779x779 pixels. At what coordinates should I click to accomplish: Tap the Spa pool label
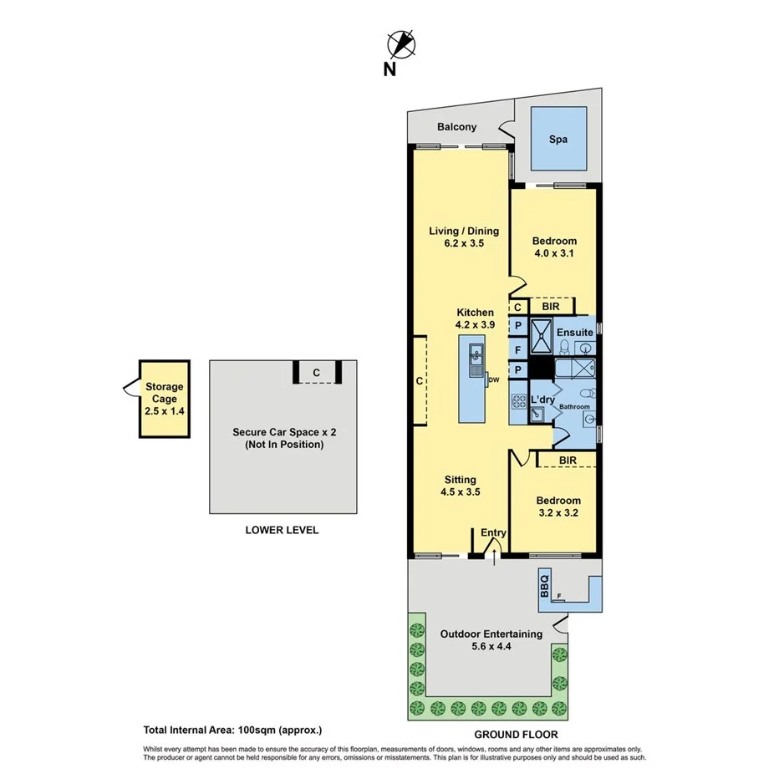click(558, 140)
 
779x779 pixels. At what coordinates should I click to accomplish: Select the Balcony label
click(456, 127)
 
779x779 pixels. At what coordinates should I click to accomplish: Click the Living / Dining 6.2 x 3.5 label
click(464, 237)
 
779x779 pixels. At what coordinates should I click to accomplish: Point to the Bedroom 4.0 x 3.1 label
click(554, 247)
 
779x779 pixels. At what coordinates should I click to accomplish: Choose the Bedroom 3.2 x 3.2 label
click(558, 507)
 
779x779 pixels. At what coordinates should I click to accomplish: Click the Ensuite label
click(576, 333)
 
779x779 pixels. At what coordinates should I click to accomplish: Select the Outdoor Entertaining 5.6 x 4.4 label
click(491, 640)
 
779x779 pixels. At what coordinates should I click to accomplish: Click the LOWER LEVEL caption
click(282, 530)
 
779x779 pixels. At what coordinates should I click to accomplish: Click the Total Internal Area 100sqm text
click(232, 730)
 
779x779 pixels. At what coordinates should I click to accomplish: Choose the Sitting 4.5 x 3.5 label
click(460, 486)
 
